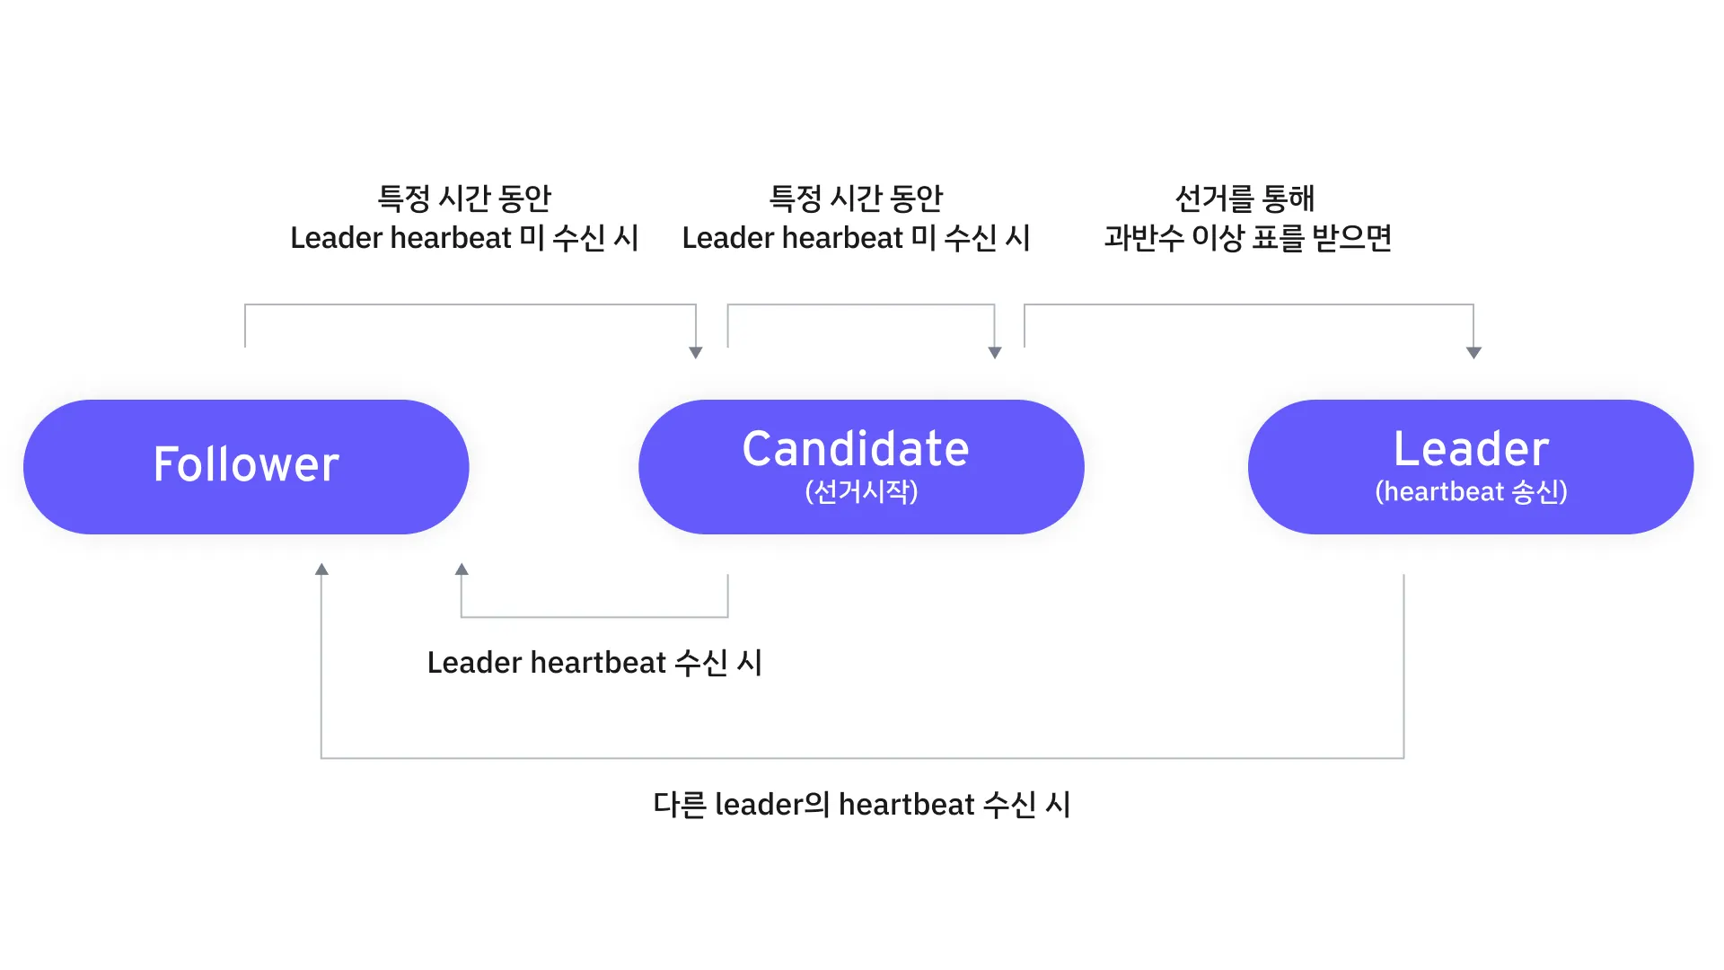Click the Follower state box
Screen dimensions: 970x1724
(x=246, y=467)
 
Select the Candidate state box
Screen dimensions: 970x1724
(x=860, y=467)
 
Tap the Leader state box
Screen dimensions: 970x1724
(x=1470, y=467)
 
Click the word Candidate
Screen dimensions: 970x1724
(x=855, y=449)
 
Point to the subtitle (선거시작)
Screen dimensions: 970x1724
(x=861, y=492)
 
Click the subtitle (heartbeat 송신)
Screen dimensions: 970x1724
(x=1471, y=492)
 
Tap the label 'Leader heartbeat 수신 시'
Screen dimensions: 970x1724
(x=594, y=663)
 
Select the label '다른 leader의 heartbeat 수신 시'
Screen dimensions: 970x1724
(x=861, y=805)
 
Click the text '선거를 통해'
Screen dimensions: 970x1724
(x=1245, y=198)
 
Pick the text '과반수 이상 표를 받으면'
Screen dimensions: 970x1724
(x=1247, y=238)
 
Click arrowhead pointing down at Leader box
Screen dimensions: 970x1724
(x=1473, y=353)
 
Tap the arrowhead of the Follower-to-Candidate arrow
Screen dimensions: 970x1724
(x=695, y=353)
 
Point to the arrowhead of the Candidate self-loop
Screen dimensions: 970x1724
(x=994, y=353)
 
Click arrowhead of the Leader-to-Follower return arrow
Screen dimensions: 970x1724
(x=321, y=569)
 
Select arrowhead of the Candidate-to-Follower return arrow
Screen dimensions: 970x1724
(x=462, y=569)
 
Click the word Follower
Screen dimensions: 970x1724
(x=246, y=464)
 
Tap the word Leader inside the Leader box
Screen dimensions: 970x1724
(x=1471, y=449)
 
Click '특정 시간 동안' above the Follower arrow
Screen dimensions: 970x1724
(x=463, y=198)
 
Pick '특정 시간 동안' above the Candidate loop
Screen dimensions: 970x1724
(x=856, y=198)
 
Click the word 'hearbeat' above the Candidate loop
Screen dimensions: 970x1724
(x=842, y=238)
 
